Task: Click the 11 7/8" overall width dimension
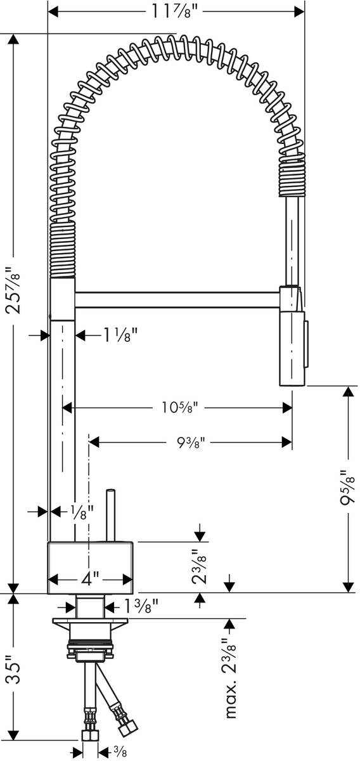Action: point(176,11)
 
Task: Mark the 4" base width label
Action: point(89,579)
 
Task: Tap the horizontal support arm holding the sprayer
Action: point(177,299)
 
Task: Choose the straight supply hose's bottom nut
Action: point(90,736)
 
